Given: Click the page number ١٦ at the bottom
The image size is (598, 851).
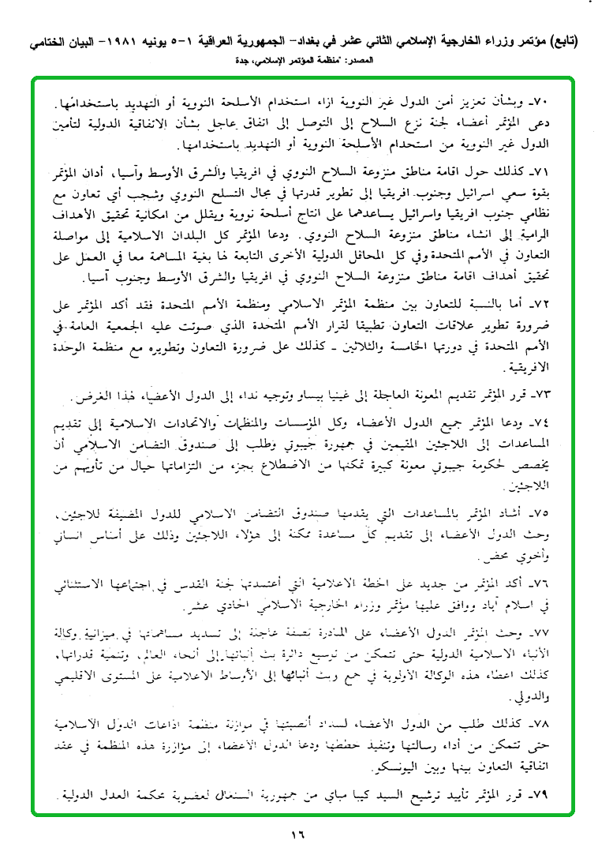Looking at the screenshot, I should pyautogui.click(x=297, y=831).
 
